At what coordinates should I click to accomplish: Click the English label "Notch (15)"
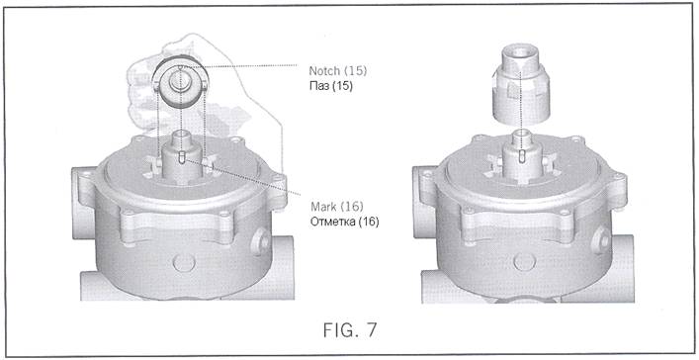[338, 70]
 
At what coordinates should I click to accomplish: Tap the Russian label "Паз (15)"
[331, 86]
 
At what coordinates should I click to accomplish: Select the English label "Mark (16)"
[337, 207]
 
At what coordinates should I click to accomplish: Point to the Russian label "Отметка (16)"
[345, 222]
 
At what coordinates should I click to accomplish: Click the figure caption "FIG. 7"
[350, 329]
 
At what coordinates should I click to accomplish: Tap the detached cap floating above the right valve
[521, 85]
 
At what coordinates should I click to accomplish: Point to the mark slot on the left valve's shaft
[181, 157]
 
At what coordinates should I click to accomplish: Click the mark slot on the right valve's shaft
[522, 156]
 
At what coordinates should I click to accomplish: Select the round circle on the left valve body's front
[184, 263]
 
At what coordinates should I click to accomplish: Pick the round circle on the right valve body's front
[525, 262]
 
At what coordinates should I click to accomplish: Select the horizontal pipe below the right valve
[528, 283]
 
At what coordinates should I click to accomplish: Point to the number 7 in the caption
[371, 329]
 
